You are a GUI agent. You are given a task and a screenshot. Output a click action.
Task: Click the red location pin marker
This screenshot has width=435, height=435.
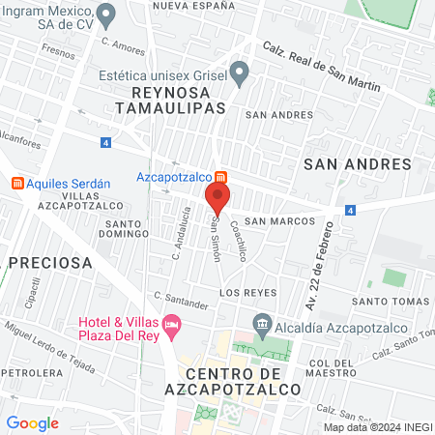coord(217,200)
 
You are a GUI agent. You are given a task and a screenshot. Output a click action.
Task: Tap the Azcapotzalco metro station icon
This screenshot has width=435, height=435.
coord(221,177)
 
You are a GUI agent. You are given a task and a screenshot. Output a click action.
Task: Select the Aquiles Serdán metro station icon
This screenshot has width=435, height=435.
coord(16,183)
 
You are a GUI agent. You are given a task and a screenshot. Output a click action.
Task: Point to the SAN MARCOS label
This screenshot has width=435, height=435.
coord(279,220)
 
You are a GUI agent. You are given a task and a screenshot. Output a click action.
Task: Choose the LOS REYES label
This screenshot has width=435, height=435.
coord(247,292)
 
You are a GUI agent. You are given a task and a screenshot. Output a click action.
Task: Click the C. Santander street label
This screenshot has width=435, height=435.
coord(181,301)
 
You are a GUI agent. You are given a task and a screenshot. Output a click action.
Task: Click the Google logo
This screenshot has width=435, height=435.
coord(33,422)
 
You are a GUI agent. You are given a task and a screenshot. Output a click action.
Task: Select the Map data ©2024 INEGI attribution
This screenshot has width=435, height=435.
coord(377,427)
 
